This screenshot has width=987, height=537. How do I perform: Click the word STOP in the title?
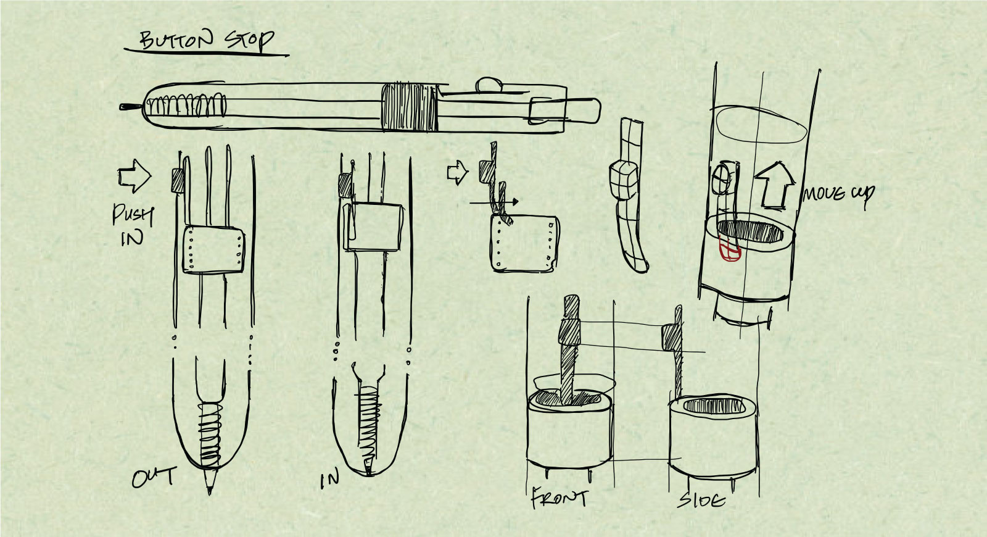(250, 41)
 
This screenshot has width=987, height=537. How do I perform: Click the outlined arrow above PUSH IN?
(134, 176)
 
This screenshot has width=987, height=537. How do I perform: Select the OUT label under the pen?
(154, 477)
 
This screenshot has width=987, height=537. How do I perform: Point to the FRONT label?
(559, 498)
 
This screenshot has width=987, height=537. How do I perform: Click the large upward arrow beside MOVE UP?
(775, 185)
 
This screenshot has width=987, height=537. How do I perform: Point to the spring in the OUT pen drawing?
(209, 435)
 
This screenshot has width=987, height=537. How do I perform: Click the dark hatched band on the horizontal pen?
(408, 107)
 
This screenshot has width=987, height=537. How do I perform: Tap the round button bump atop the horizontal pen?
(489, 84)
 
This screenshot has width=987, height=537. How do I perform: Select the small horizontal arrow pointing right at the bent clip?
(494, 202)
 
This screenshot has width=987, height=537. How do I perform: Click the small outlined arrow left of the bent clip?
(457, 172)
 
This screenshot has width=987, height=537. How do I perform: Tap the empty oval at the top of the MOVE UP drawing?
(761, 125)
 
